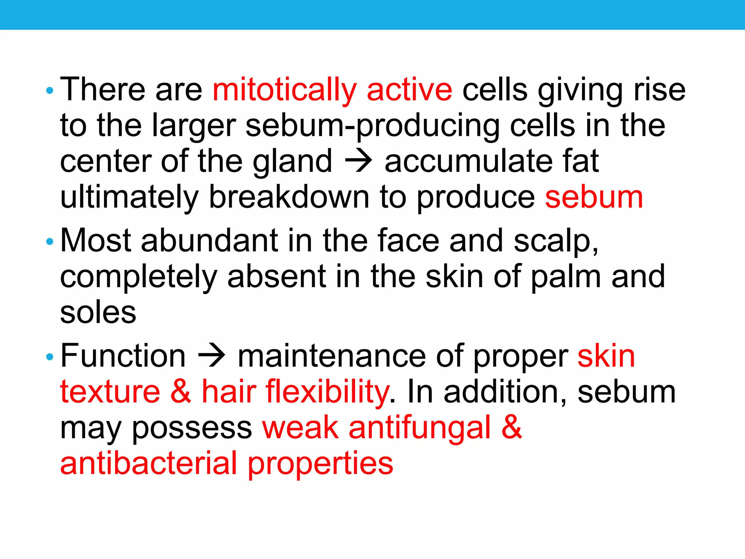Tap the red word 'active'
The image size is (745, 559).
click(x=409, y=90)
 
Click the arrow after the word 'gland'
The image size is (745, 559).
click(x=358, y=161)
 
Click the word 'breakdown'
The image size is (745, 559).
click(x=289, y=197)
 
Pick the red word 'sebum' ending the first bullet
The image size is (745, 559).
click(x=594, y=197)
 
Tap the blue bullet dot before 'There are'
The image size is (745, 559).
click(x=50, y=90)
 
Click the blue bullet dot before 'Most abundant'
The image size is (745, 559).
click(x=50, y=241)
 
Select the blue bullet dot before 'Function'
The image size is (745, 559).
click(x=50, y=357)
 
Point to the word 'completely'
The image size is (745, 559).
click(x=138, y=277)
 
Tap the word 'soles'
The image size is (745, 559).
click(x=98, y=313)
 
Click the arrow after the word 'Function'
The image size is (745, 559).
click(x=212, y=356)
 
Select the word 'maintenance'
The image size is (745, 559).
click(x=331, y=356)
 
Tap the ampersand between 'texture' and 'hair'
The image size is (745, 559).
click(x=180, y=392)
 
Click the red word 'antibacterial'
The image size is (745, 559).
click(x=148, y=463)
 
